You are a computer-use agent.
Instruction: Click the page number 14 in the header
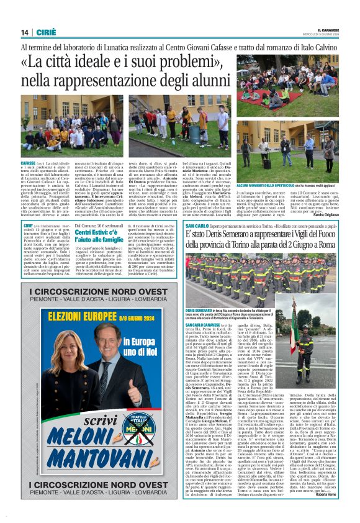click(24, 32)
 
